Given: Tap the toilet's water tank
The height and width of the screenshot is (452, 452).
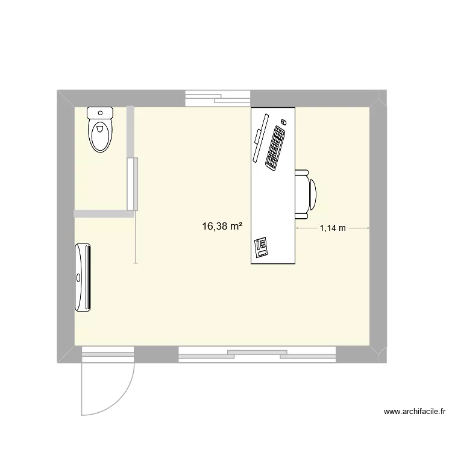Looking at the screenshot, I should (x=100, y=112).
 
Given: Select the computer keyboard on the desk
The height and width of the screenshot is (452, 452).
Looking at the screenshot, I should (x=275, y=147).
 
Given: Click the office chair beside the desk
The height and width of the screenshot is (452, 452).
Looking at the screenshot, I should (x=305, y=193).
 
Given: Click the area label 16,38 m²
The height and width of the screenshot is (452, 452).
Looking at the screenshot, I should (x=222, y=227).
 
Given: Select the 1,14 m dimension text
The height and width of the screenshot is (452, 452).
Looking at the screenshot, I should (x=333, y=228).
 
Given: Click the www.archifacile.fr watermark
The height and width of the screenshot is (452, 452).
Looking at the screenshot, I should (x=415, y=412).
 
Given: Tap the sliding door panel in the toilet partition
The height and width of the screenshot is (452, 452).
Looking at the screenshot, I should (x=132, y=183).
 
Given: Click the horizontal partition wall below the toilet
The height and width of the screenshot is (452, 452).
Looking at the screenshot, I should (x=103, y=213).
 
